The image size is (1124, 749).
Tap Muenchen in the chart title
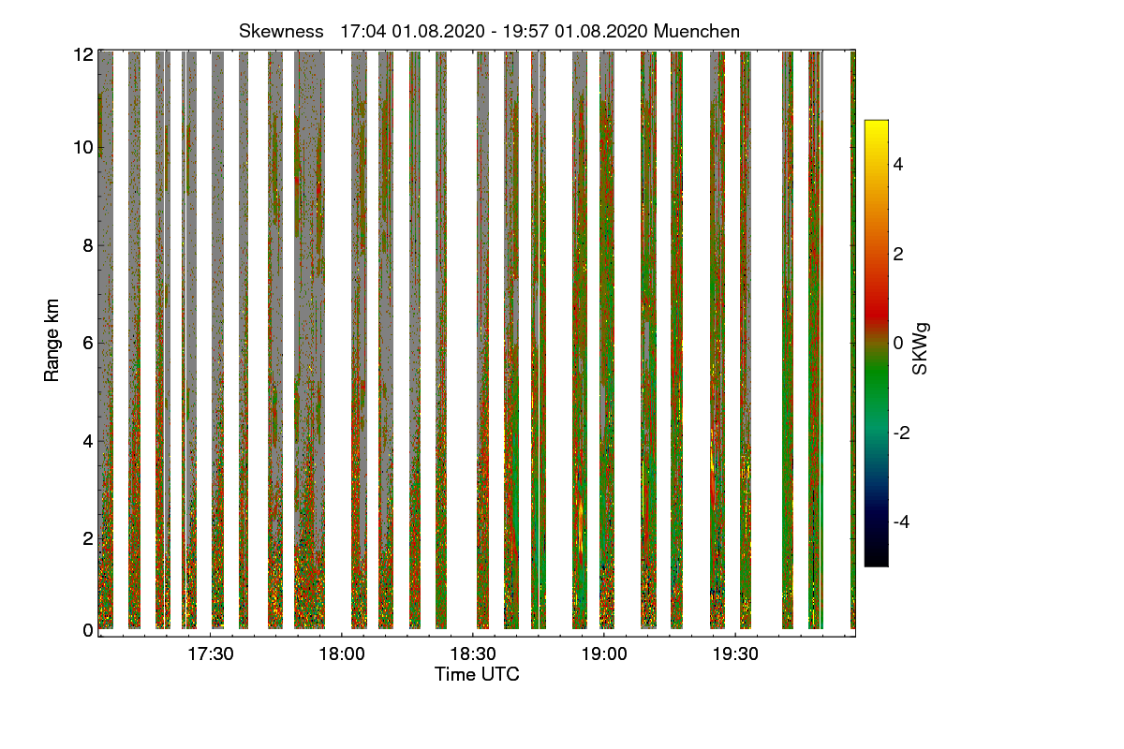click(697, 31)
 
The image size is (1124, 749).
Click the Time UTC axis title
click(477, 674)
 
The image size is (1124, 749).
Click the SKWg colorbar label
click(921, 347)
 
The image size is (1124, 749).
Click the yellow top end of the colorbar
click(876, 125)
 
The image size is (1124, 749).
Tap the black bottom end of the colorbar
click(876, 562)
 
